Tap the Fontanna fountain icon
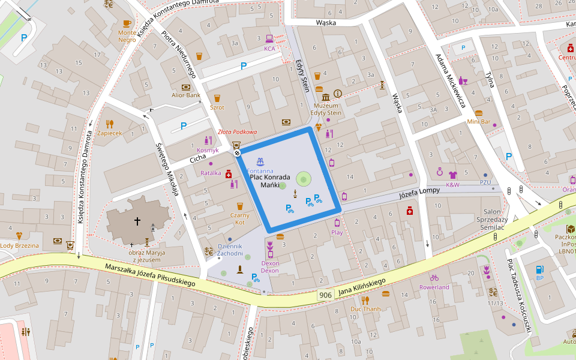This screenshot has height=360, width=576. pyautogui.click(x=260, y=162)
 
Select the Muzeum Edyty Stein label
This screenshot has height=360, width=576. pyautogui.click(x=326, y=109)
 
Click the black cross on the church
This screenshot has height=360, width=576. pyautogui.click(x=137, y=221)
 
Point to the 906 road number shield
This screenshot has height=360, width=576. pyautogui.click(x=325, y=295)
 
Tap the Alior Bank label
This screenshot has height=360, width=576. pyautogui.click(x=185, y=95)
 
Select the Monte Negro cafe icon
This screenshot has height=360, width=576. pyautogui.click(x=127, y=23)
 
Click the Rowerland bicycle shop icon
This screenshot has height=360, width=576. pyautogui.click(x=434, y=278)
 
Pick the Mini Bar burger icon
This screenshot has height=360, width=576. pyautogui.click(x=479, y=113)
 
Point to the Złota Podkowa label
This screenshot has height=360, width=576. pyautogui.click(x=237, y=132)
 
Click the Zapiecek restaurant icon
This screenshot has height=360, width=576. pyautogui.click(x=110, y=124)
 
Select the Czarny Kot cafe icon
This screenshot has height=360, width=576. pyautogui.click(x=240, y=206)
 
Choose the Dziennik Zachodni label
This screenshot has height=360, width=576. pyautogui.click(x=230, y=250)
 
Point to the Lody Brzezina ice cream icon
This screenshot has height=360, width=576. pyautogui.click(x=19, y=236)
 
